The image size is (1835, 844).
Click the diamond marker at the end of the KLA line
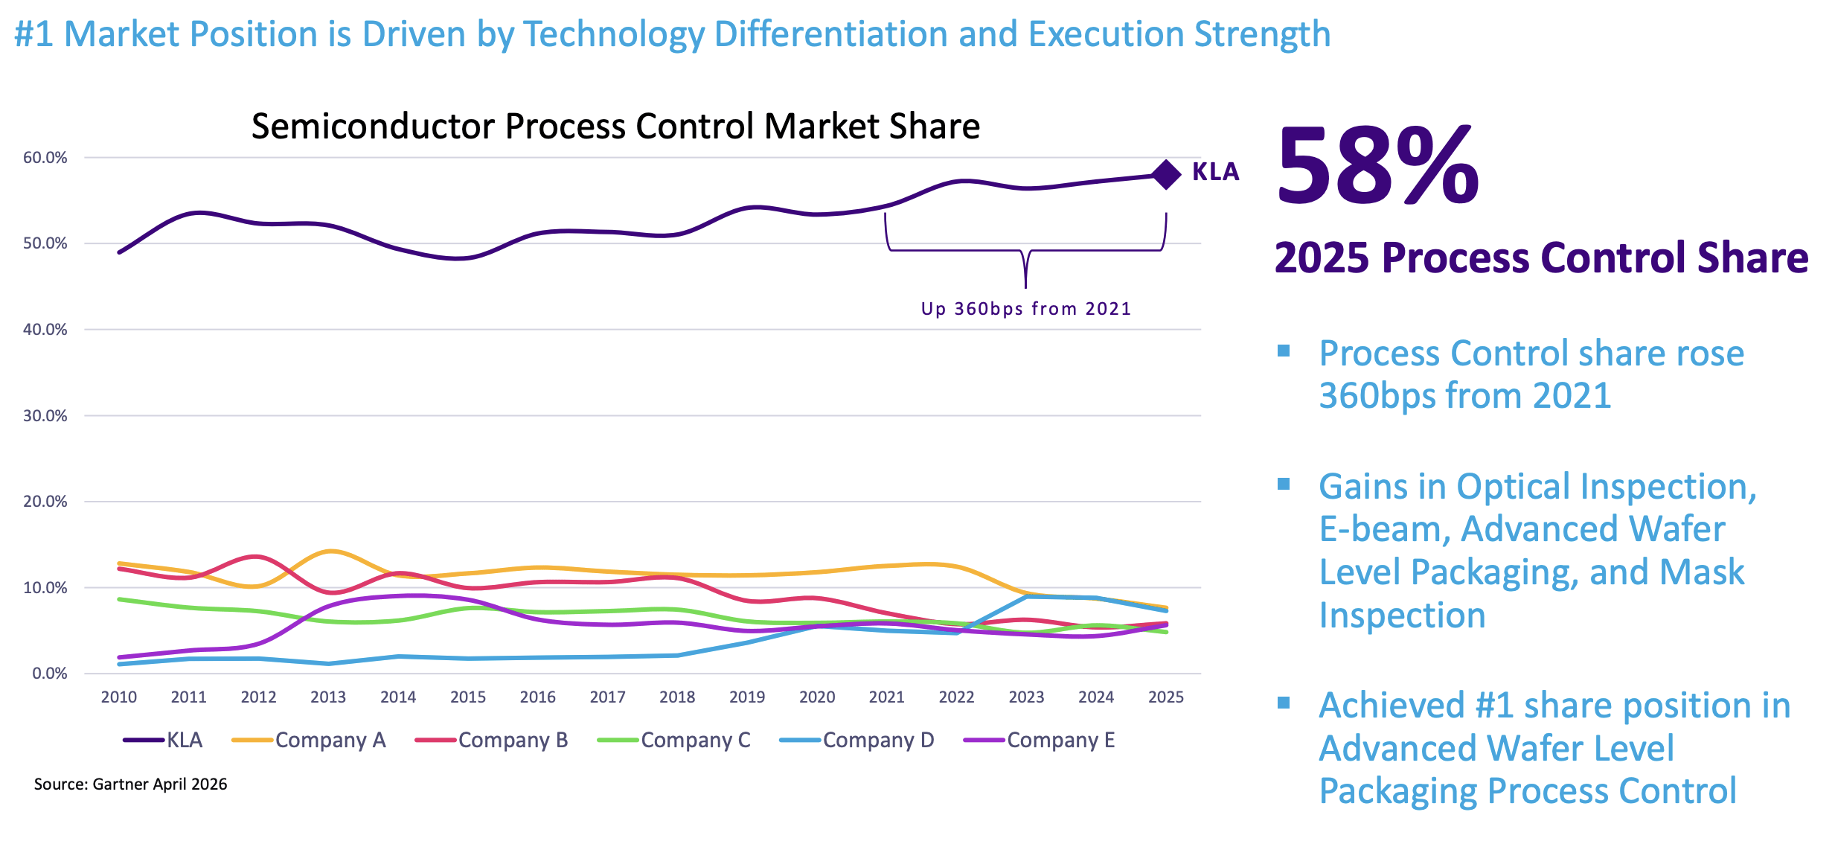[x=1166, y=174]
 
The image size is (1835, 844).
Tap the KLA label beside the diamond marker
[x=1215, y=172]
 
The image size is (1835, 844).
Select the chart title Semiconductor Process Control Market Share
[x=615, y=126]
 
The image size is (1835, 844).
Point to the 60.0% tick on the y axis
[x=45, y=158]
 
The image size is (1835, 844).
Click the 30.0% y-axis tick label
[x=45, y=416]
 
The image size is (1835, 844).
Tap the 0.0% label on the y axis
[x=50, y=674]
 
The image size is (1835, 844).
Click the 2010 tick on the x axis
[x=119, y=697]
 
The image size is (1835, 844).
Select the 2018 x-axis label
[x=677, y=697]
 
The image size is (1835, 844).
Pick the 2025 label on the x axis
[x=1166, y=697]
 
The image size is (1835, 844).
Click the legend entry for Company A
[x=309, y=741]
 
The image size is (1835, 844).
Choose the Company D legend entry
[x=856, y=741]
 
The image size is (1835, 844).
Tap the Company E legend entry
[x=1040, y=741]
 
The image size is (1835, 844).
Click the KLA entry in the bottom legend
[x=163, y=741]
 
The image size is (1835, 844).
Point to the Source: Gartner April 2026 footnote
[x=131, y=784]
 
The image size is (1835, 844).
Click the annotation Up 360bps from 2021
[x=1026, y=309]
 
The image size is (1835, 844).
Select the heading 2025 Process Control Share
[x=1541, y=258]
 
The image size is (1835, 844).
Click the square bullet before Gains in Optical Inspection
[x=1284, y=485]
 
